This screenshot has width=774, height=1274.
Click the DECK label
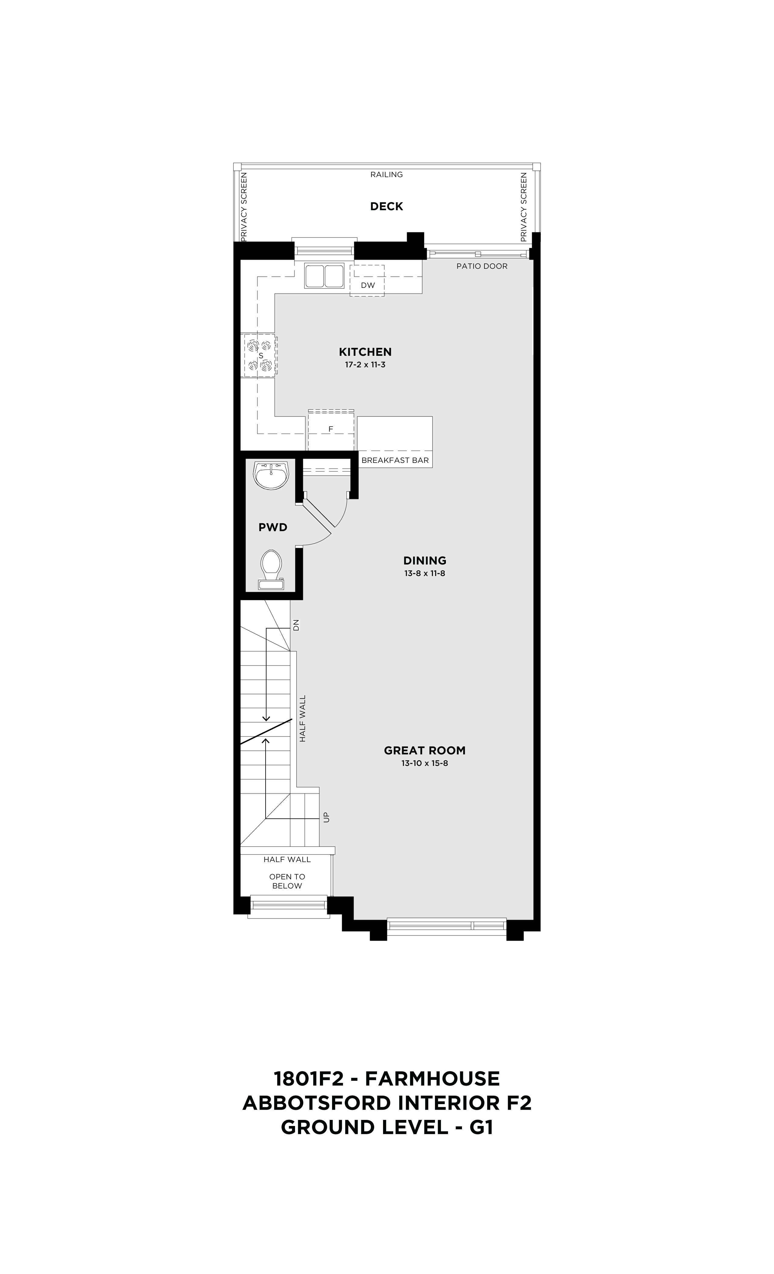tap(386, 206)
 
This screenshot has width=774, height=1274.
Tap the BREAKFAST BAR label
tap(395, 460)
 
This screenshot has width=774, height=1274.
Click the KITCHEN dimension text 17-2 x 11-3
tap(365, 365)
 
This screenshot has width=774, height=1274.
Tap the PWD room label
tap(273, 527)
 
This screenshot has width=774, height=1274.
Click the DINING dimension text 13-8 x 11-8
tap(425, 573)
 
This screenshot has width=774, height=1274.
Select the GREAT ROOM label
tap(425, 750)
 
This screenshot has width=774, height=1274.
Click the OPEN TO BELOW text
tap(287, 881)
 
